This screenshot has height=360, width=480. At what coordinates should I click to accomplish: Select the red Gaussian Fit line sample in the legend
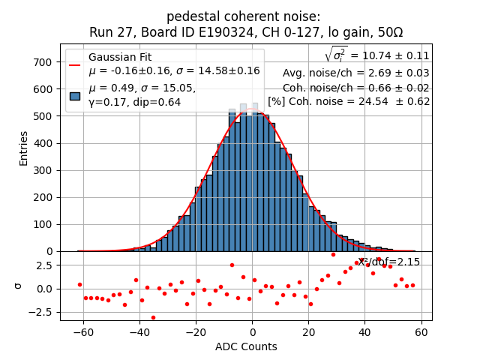point(75,64)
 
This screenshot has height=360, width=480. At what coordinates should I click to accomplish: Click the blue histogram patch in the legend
point(75,95)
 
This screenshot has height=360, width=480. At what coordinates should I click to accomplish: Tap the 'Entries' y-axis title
point(23,148)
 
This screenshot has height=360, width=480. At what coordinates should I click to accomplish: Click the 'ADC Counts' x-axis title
point(246,346)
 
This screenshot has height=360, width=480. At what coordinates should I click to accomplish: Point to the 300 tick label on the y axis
point(43,170)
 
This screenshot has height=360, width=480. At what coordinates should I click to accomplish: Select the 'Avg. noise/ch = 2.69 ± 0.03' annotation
point(355,73)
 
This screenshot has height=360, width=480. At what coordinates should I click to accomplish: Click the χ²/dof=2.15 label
point(388,262)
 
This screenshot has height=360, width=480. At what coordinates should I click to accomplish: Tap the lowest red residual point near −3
point(153,317)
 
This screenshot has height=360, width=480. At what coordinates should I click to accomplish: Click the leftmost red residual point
point(79,284)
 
